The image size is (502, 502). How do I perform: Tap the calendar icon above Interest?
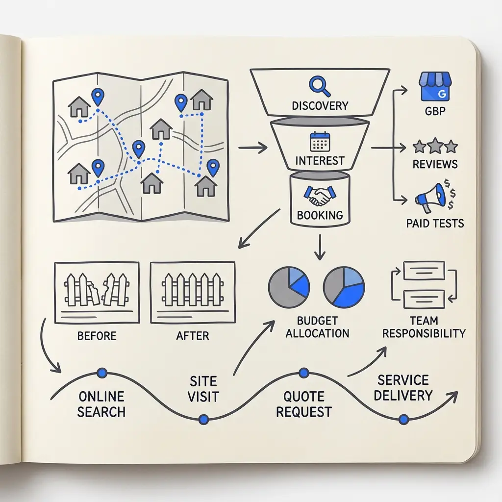[x=320, y=142]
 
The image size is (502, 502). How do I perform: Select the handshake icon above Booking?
[x=320, y=196]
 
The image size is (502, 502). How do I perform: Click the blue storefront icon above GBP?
[x=435, y=86]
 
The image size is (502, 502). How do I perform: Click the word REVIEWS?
[x=435, y=164]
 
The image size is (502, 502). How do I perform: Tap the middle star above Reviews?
[x=435, y=146]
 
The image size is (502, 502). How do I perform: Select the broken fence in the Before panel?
[x=97, y=289]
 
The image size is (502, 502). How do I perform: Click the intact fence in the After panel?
[x=192, y=289]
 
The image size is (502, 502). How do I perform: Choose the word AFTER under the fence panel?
[x=192, y=335]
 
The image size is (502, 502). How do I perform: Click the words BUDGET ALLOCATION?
[x=317, y=327]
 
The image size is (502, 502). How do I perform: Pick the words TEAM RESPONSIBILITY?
[x=424, y=327]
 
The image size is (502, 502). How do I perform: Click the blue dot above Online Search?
[x=102, y=373]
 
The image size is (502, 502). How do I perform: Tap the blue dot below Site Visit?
[x=203, y=419]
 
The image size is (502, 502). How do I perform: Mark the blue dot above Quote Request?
[x=303, y=373]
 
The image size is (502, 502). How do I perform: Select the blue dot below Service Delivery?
[x=404, y=419]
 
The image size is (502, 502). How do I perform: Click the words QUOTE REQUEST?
[x=303, y=404]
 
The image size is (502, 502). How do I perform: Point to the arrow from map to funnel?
[x=252, y=148]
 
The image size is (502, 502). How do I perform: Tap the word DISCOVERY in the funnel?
[x=320, y=106]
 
